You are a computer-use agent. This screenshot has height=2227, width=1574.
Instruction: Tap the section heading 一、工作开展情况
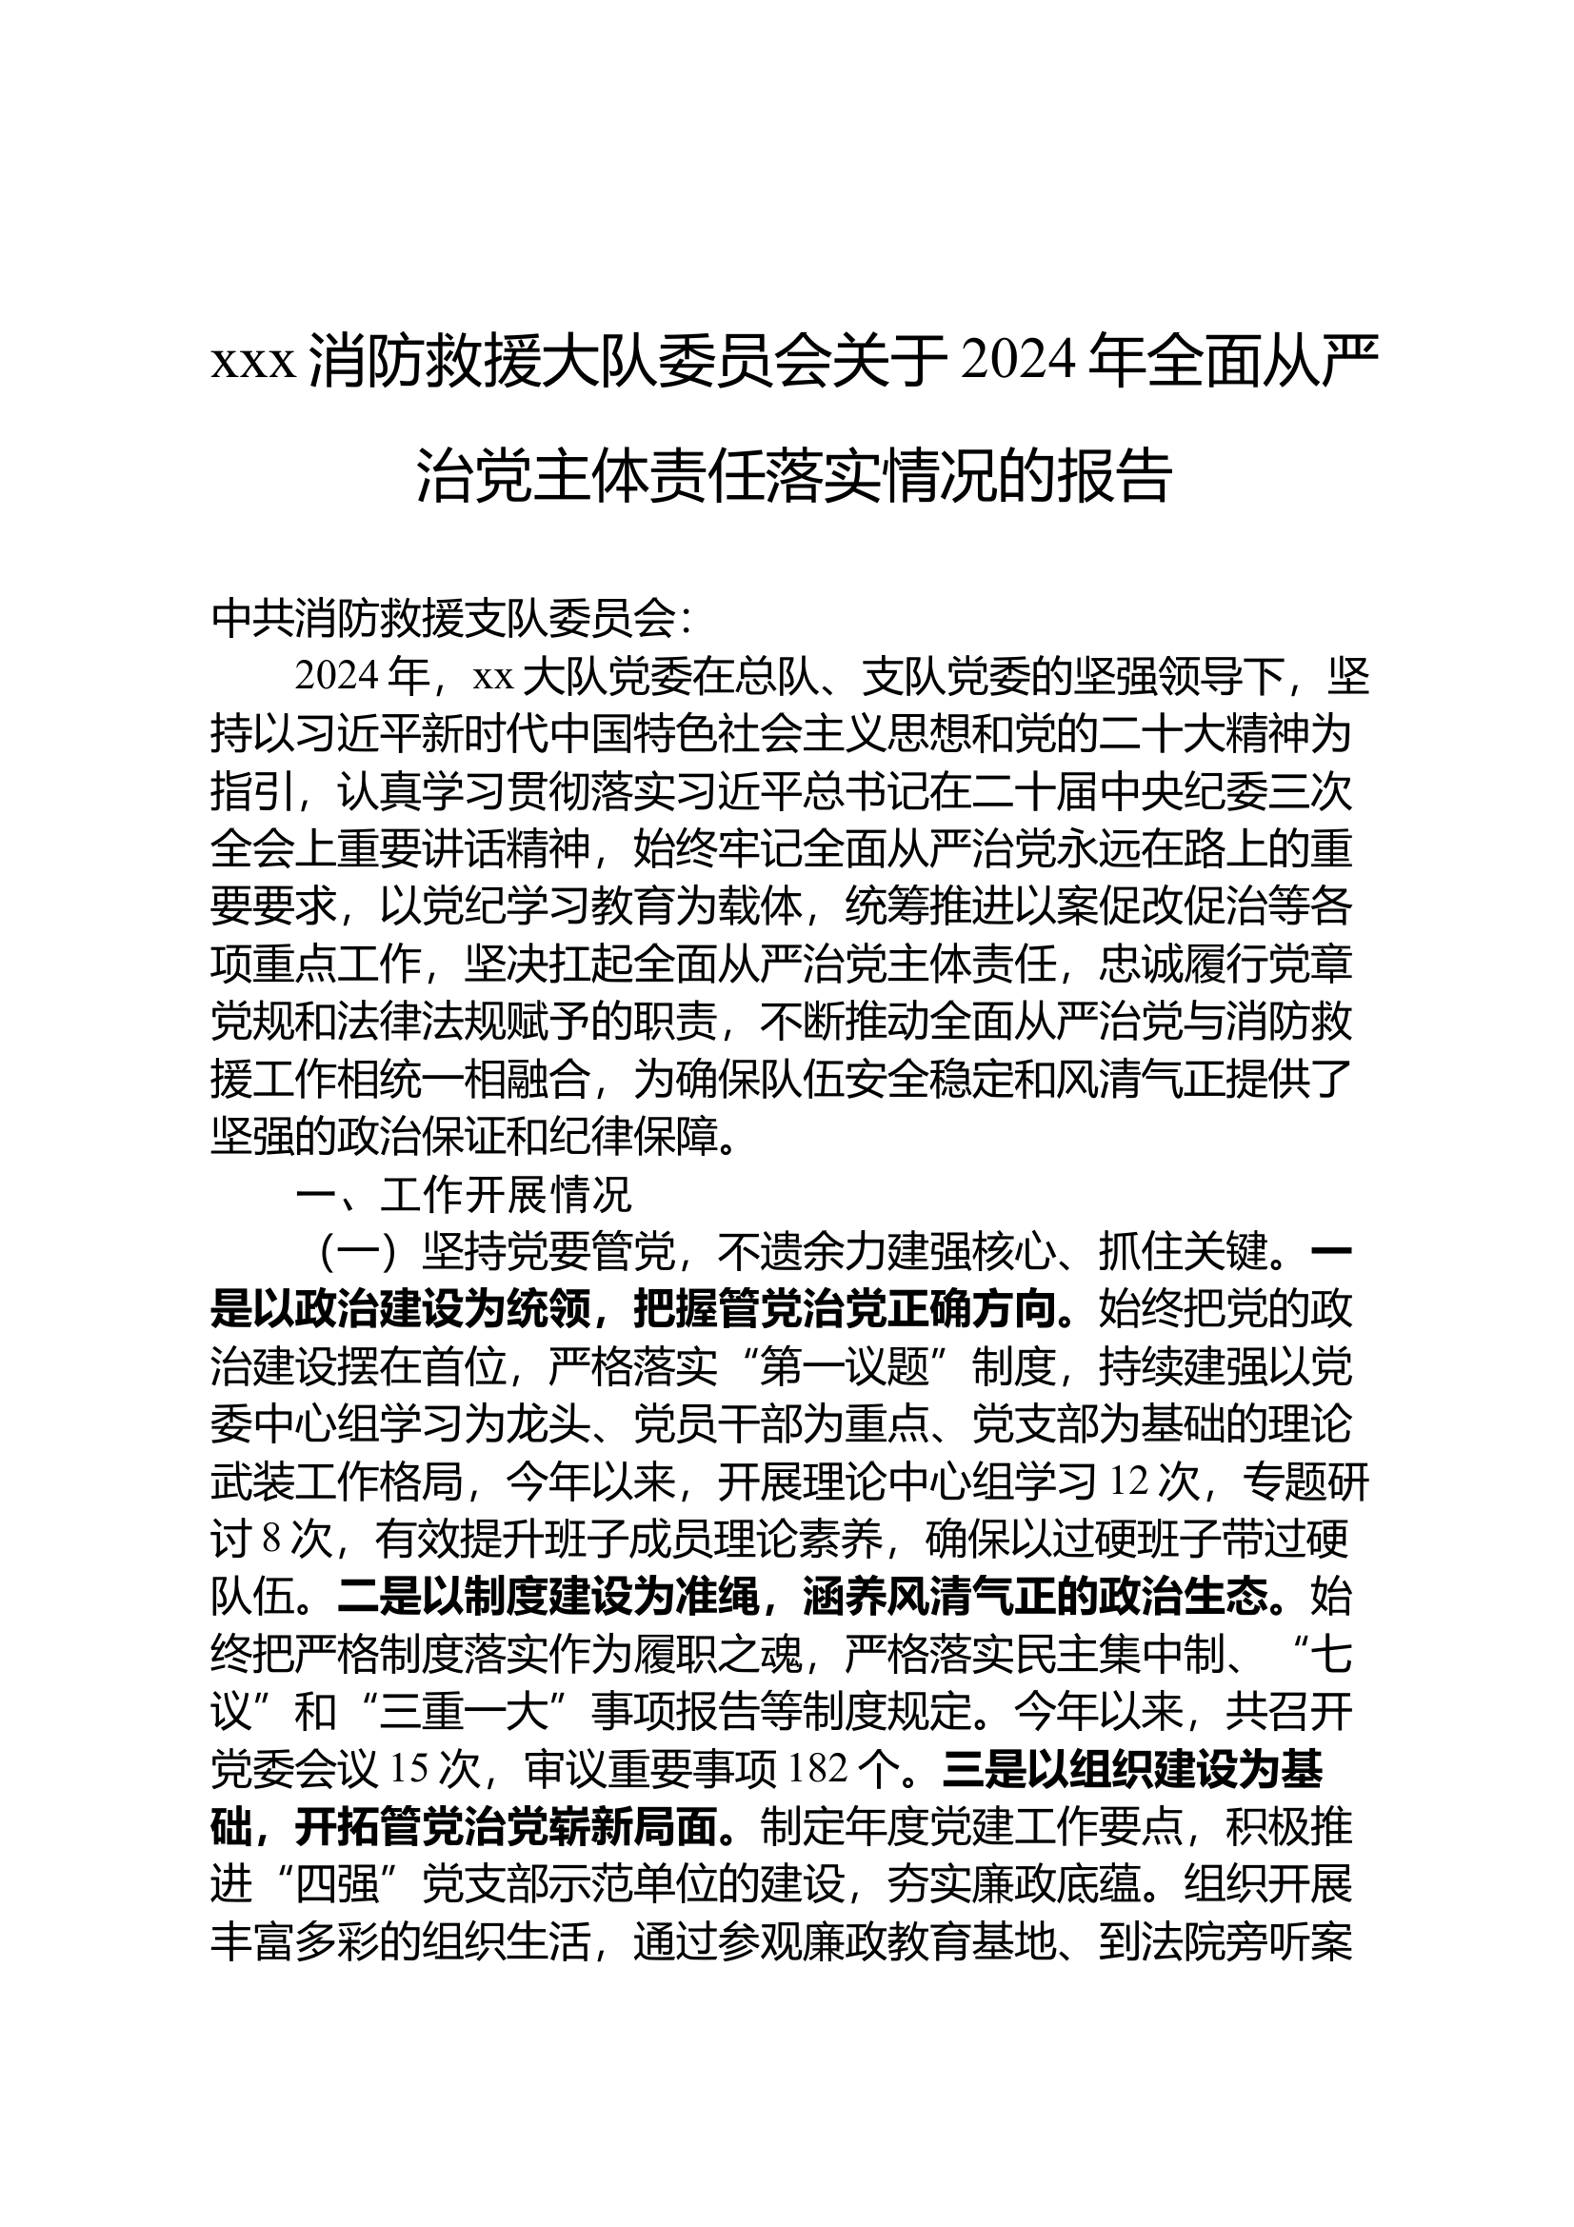(x=464, y=1196)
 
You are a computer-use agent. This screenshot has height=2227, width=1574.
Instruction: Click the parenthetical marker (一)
(x=360, y=1254)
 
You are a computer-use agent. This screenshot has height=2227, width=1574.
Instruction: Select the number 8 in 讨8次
(x=270, y=1541)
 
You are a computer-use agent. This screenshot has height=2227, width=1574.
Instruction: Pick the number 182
(x=820, y=1771)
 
